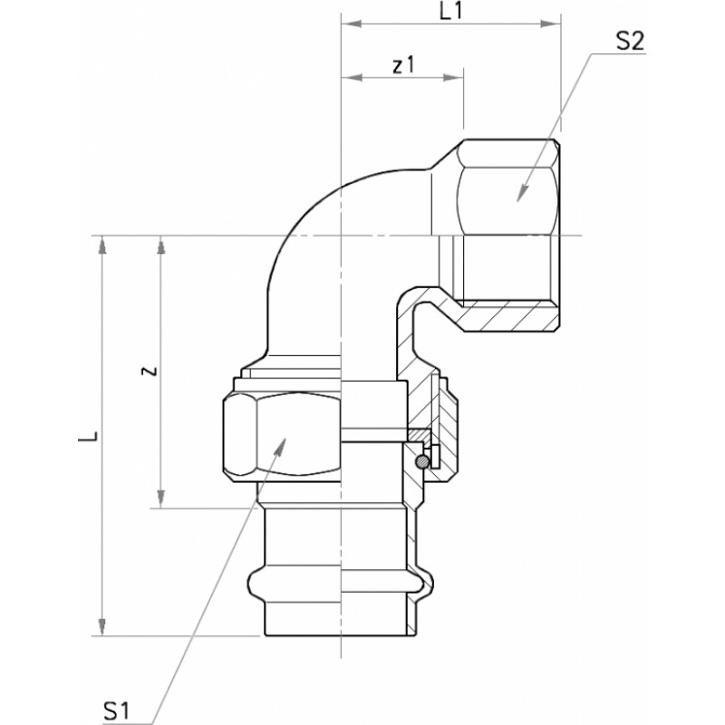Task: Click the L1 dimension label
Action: coord(450,12)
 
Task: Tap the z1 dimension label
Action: coord(403,65)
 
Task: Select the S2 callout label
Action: coord(630,42)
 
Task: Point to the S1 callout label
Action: coord(117,710)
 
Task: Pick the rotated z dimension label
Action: coord(149,371)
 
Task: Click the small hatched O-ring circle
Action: coord(421,461)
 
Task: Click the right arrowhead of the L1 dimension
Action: coord(551,24)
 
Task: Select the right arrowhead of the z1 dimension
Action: coord(453,77)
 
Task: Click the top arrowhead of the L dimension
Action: coord(102,246)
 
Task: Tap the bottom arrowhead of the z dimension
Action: coord(160,498)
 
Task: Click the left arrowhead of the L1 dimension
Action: coord(351,24)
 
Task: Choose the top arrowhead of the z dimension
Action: coord(160,246)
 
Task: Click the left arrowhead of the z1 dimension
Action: coord(351,77)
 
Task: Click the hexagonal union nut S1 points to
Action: coord(282,434)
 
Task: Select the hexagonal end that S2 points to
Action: coord(507,188)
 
